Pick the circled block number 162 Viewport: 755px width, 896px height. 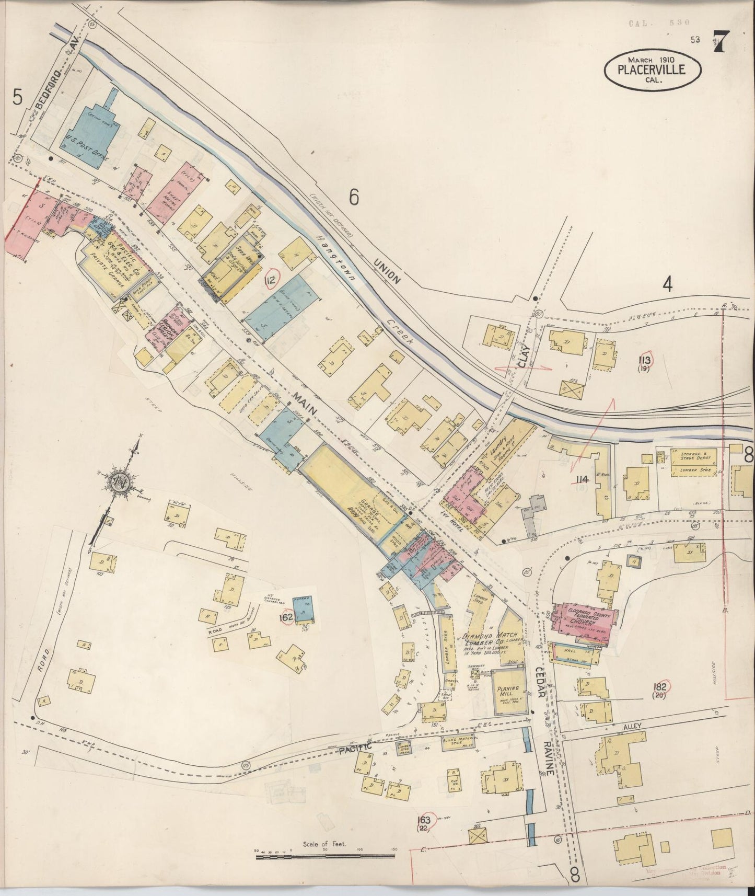pyautogui.click(x=286, y=617)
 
